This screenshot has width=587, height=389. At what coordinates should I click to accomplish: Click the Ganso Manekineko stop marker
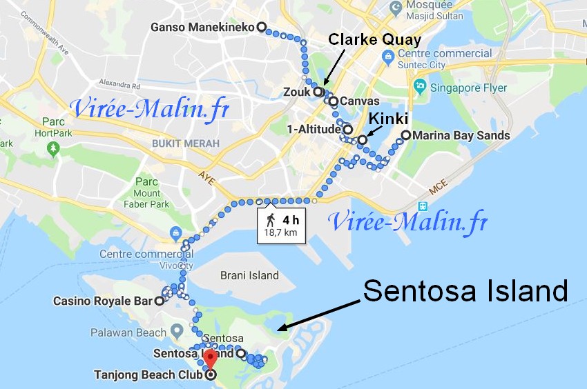(261, 27)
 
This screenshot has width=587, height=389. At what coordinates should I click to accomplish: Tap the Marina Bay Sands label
(461, 135)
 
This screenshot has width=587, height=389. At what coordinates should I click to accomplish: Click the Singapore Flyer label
(468, 88)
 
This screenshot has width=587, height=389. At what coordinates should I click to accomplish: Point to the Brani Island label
(249, 275)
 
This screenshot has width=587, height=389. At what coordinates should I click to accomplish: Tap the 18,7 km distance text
(280, 232)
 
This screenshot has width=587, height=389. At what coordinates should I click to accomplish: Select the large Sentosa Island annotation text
(465, 291)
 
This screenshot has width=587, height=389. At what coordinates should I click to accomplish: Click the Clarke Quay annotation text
(374, 39)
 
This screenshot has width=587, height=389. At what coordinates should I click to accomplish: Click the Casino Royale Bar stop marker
(159, 301)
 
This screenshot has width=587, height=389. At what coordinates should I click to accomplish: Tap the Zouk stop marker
(318, 91)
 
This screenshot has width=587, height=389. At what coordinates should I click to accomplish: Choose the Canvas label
(355, 101)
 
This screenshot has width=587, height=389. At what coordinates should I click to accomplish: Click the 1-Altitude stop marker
(348, 129)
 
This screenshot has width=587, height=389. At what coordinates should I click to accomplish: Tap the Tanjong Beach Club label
(148, 375)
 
